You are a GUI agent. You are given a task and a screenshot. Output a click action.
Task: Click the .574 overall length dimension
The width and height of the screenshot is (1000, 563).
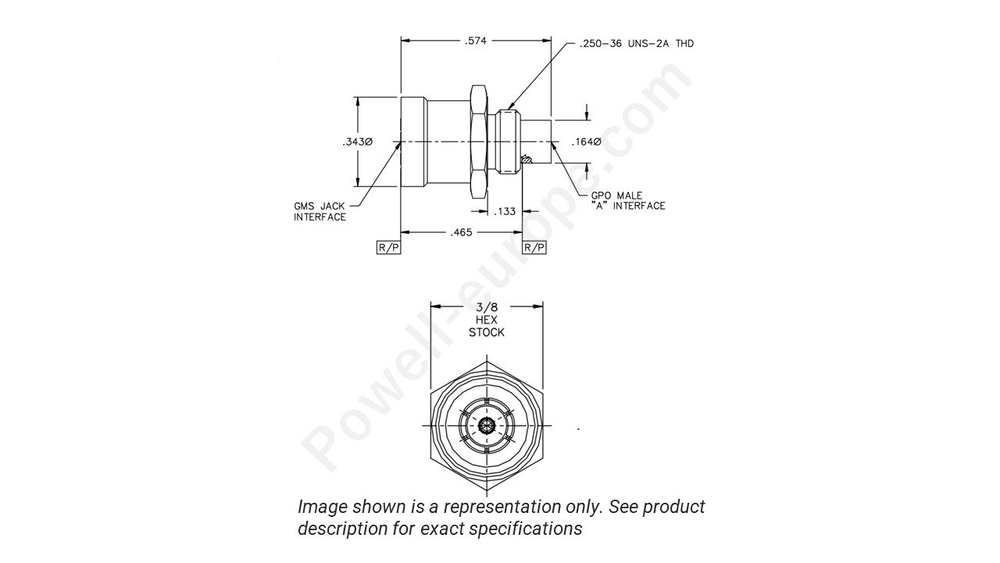tap(475, 40)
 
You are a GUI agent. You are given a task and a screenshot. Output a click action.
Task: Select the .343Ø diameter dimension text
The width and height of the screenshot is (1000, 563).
tap(356, 142)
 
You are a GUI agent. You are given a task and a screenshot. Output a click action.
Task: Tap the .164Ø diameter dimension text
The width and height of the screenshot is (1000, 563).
tap(585, 142)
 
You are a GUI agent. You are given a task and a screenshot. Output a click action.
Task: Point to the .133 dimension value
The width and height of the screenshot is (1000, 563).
tap(505, 211)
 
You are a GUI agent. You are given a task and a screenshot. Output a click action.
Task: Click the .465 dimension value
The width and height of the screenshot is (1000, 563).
tap(461, 232)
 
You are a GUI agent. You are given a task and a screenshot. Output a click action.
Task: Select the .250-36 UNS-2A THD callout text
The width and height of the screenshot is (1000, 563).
tap(636, 44)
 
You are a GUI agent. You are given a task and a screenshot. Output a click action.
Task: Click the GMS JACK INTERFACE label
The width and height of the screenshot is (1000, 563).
tap(320, 211)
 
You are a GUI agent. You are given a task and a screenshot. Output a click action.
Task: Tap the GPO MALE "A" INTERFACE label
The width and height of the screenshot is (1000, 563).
tap(628, 200)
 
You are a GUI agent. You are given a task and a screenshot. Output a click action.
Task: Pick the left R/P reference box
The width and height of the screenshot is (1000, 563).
tap(388, 247)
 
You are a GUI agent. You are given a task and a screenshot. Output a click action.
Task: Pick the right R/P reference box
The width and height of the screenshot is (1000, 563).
tap(534, 247)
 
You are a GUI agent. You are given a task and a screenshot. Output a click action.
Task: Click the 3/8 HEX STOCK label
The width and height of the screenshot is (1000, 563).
tap(486, 321)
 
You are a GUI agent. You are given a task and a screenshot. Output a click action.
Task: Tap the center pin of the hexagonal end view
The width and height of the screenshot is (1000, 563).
tap(487, 426)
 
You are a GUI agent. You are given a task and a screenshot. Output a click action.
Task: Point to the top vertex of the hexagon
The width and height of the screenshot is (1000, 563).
tap(487, 360)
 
